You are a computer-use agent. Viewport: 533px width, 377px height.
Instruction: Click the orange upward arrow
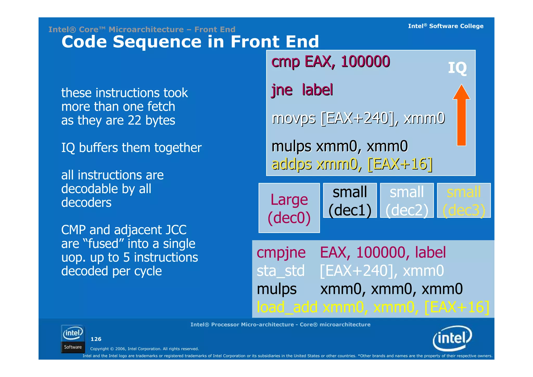coord(461,116)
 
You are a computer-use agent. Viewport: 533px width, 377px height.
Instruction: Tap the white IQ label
coord(457,68)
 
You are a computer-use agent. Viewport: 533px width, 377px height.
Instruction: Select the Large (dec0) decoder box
coord(289,208)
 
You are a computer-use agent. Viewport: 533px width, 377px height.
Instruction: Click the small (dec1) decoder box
coord(350,200)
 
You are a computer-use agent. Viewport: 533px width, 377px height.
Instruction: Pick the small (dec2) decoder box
coord(407,200)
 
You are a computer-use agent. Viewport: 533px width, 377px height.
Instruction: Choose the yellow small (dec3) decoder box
coord(464,200)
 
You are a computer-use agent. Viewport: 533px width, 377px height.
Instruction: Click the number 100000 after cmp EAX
coord(365,62)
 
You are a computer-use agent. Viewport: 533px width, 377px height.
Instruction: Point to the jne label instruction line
coord(302,90)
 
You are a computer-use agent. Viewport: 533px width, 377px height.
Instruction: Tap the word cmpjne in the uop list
coord(281,252)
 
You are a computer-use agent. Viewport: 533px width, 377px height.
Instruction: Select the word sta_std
coord(280,271)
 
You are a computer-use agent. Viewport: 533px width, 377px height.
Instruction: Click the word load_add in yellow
coord(287,307)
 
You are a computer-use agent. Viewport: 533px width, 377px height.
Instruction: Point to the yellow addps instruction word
coord(291,164)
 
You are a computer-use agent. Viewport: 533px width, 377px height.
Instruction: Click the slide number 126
coord(96,339)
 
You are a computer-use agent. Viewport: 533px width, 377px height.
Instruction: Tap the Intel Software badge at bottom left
coord(73,339)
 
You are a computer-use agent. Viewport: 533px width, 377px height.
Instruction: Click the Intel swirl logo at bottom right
coord(452,338)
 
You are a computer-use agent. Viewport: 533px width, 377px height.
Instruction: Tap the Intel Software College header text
coord(445,26)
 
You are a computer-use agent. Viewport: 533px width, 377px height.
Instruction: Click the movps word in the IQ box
coord(293,118)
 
